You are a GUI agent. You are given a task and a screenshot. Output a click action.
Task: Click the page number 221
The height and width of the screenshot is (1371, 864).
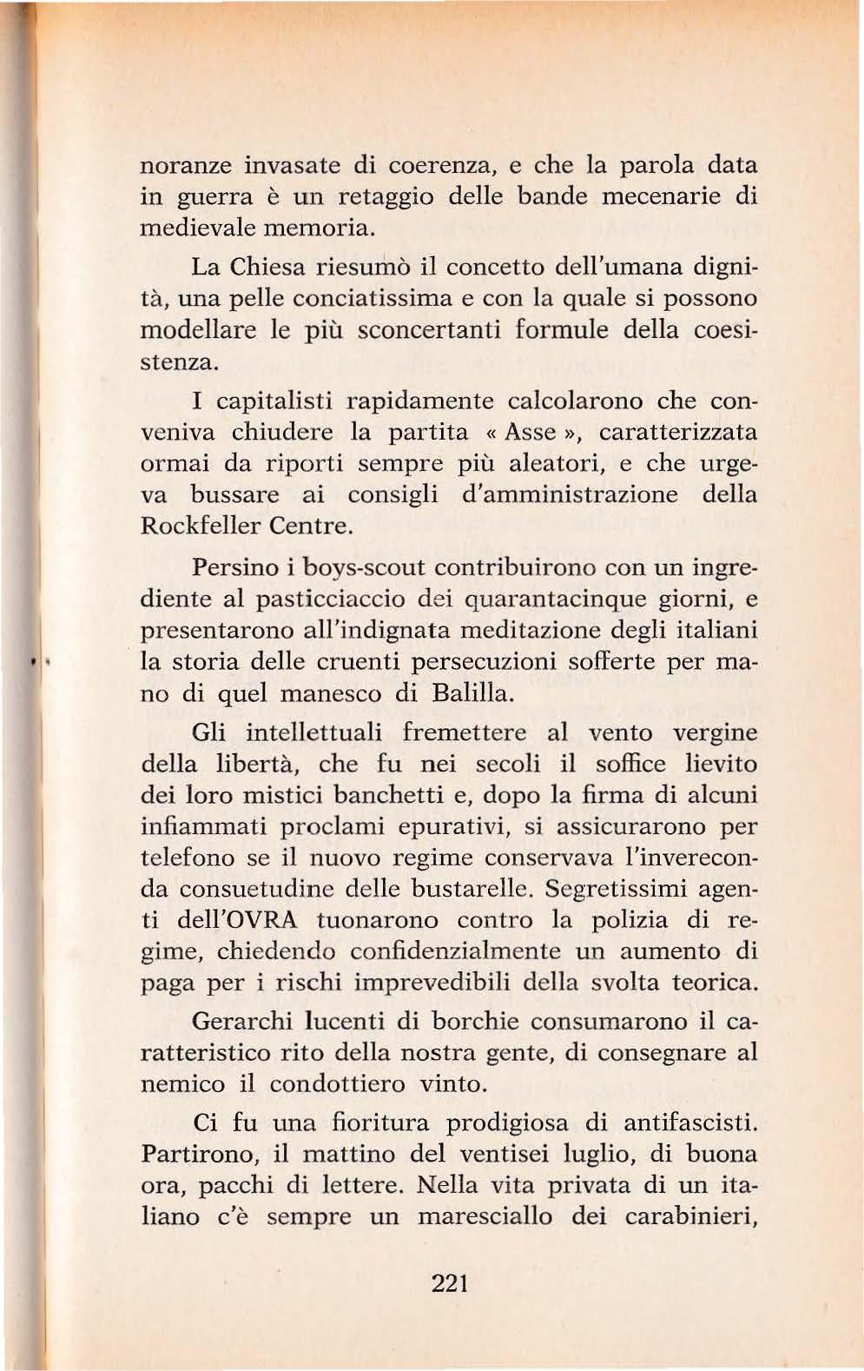pyautogui.click(x=450, y=1282)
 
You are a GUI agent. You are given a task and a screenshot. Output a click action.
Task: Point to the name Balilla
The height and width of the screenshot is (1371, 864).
pyautogui.click(x=476, y=693)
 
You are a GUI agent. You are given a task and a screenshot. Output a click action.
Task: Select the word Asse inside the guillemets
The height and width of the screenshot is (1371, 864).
pyautogui.click(x=531, y=432)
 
